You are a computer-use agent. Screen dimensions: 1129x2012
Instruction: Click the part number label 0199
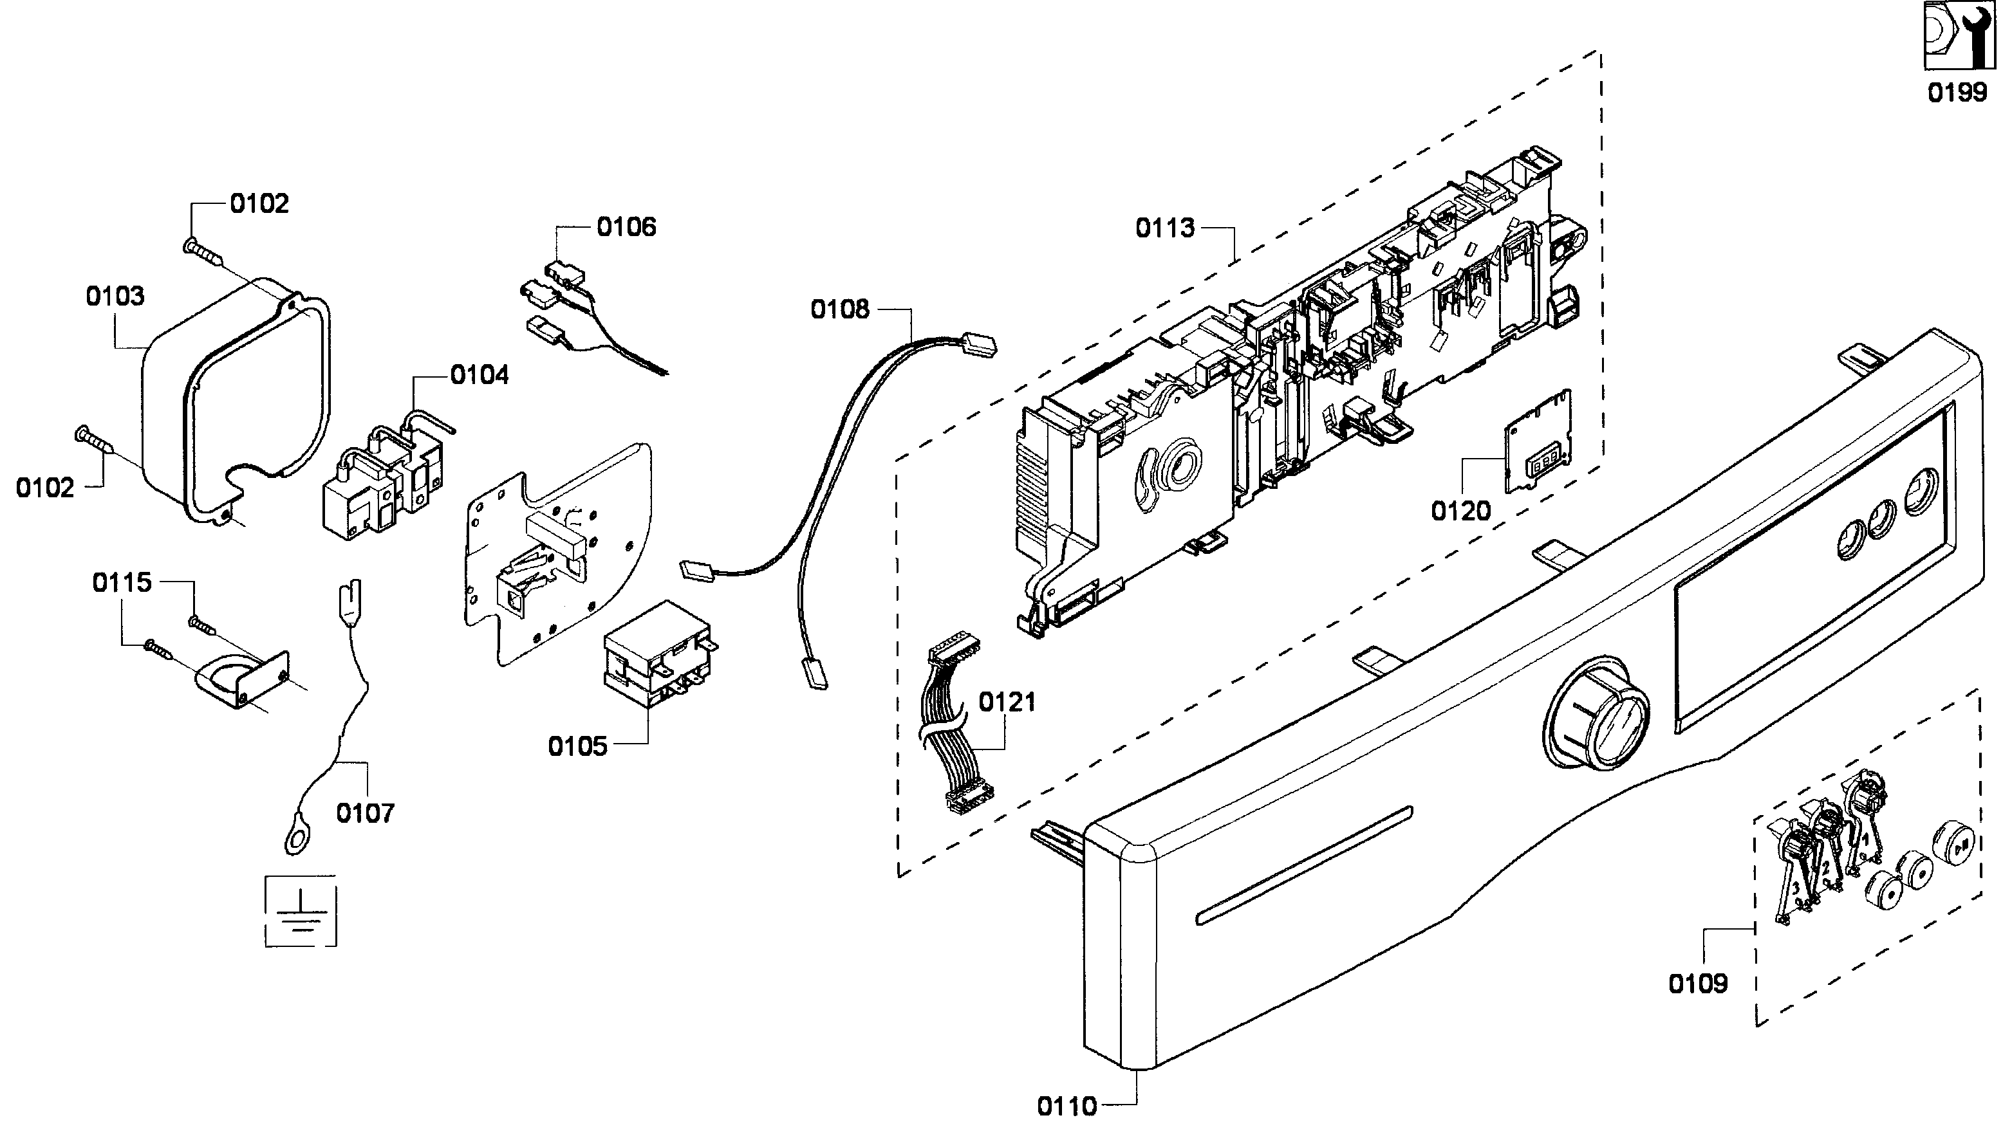[x=1957, y=92]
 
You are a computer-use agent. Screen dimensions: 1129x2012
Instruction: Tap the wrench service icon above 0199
[x=1956, y=36]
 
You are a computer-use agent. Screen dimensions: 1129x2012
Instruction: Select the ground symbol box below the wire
[x=301, y=911]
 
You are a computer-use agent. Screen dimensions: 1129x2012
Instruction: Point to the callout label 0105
[x=577, y=746]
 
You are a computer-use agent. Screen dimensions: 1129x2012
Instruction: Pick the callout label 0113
[x=1164, y=228]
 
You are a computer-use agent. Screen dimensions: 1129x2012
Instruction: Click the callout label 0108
[x=840, y=310]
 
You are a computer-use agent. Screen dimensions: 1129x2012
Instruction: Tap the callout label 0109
[x=1697, y=984]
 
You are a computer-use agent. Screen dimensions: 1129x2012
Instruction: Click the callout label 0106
[x=626, y=227]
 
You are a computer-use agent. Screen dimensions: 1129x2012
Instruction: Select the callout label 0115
[x=122, y=582]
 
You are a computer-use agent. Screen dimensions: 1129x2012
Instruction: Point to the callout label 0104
[x=480, y=376]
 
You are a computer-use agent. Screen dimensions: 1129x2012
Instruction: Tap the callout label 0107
[x=365, y=814]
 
